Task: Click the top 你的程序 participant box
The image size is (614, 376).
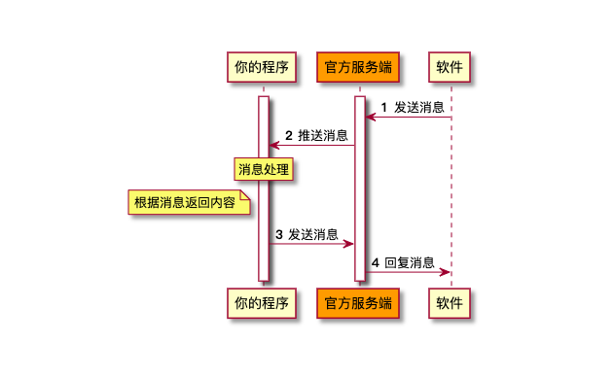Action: (262, 67)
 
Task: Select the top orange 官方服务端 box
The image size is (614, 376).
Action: (358, 67)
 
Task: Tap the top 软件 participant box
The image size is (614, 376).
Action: (450, 67)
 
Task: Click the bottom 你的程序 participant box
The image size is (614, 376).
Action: (262, 303)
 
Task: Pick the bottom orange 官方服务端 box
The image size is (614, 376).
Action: (358, 303)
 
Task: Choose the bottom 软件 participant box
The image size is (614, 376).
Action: (450, 303)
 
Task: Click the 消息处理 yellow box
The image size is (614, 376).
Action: (264, 169)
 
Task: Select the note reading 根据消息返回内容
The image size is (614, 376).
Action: (189, 202)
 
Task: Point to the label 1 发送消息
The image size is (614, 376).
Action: (413, 107)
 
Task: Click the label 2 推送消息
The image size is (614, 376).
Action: (316, 136)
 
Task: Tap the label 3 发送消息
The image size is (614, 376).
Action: (307, 234)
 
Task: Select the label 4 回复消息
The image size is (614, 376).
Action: (403, 262)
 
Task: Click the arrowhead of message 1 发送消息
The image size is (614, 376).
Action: (371, 117)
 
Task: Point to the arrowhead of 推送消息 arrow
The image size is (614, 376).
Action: (274, 146)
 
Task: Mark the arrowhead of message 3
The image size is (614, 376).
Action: (348, 244)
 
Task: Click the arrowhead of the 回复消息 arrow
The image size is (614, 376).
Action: (445, 272)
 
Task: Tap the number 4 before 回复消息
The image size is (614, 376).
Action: (376, 262)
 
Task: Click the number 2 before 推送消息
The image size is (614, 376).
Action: (289, 136)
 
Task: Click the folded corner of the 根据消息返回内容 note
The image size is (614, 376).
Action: (245, 195)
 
